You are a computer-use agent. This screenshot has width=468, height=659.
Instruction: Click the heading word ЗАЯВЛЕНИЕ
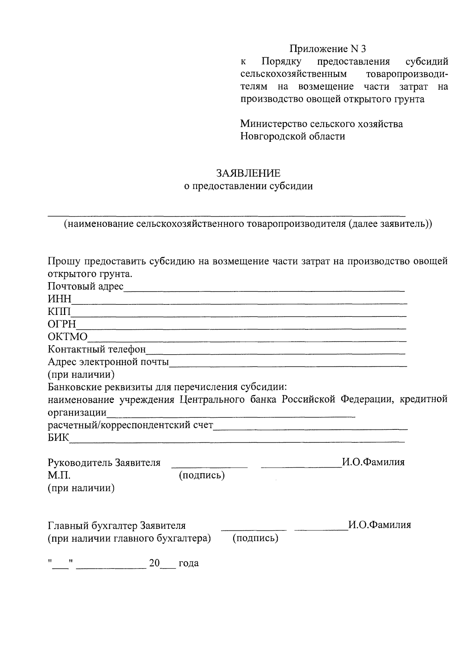point(248,173)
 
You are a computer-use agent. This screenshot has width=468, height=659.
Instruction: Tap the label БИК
point(58,438)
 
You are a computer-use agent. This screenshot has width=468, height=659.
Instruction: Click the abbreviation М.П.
point(59,475)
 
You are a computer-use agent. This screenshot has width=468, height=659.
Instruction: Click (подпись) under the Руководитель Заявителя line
point(202,475)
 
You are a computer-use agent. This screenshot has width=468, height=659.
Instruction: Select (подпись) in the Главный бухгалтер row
point(255,539)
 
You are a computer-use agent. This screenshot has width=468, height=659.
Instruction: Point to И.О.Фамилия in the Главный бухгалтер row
point(379,525)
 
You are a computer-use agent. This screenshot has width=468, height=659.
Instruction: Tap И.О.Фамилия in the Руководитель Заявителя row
point(373,463)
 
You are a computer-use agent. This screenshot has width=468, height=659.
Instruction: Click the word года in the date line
point(188,564)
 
